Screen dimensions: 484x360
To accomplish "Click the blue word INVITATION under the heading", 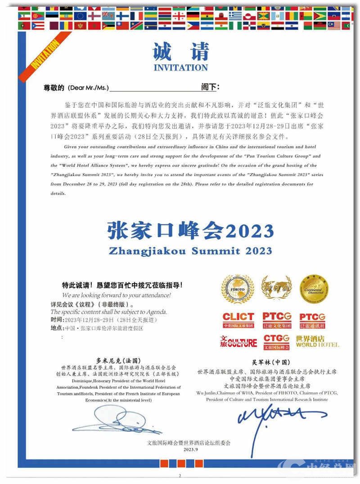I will click(x=180, y=68).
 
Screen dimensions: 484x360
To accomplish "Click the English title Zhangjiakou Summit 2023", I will click(x=190, y=251).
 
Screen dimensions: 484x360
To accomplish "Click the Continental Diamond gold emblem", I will click(x=314, y=289).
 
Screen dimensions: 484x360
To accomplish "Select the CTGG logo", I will click(x=276, y=342).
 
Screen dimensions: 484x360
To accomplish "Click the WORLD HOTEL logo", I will click(x=317, y=342).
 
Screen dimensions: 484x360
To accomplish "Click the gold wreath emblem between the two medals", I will click(x=276, y=288).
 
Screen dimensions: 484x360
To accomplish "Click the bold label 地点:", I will click(x=57, y=328).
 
